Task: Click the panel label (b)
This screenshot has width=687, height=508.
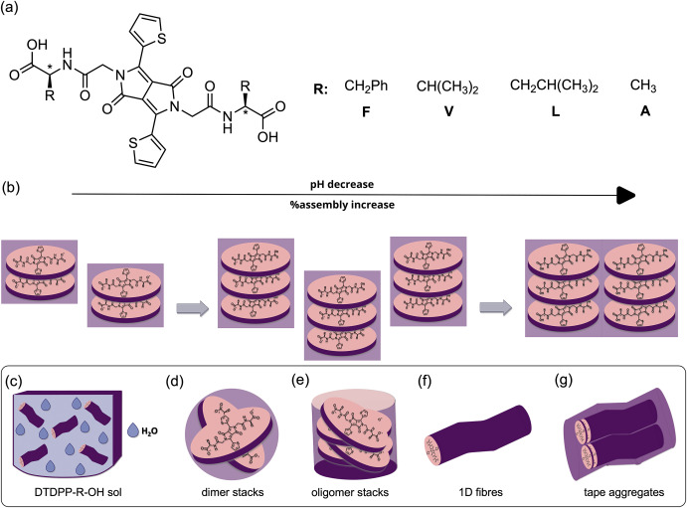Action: [x=13, y=186]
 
